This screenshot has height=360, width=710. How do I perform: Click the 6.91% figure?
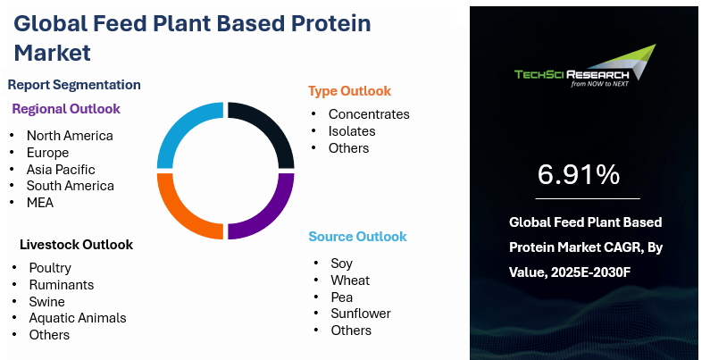coord(579,174)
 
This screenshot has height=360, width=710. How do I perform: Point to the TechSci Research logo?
coord(585,67)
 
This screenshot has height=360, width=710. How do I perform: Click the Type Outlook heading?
coord(349,91)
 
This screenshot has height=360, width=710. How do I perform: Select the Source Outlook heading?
coord(358,237)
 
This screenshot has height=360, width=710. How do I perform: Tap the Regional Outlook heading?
coord(66,109)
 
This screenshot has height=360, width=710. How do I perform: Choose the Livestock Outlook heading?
coord(76,245)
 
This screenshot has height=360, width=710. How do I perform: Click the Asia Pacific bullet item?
coord(61,170)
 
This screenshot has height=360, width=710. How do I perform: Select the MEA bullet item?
coord(40,203)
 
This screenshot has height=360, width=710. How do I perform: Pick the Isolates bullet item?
coord(352,131)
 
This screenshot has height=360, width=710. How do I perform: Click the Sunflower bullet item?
coord(361,314)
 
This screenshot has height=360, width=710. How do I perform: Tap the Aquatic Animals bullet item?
coord(78,318)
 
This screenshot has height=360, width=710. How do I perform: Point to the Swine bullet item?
coord(46,302)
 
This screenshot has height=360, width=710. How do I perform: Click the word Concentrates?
coord(369,114)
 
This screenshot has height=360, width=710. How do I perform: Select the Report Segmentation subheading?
coord(74,85)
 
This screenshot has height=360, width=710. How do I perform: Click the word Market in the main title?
coord(53,53)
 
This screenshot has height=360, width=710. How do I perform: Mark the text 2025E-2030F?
coord(591,272)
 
